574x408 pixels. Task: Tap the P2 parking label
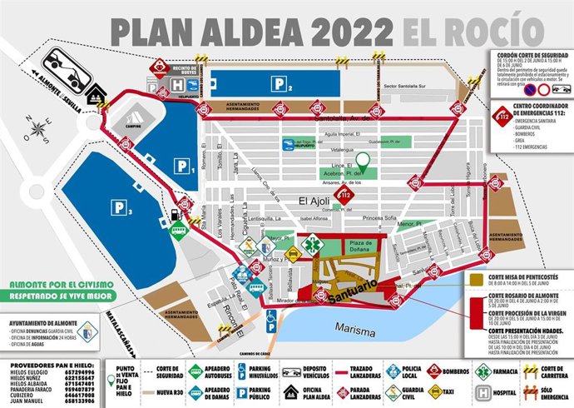pyautogui.click(x=280, y=84)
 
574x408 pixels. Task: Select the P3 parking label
pyautogui.click(x=124, y=207)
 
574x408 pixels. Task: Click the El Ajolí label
pyautogui.click(x=316, y=200)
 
